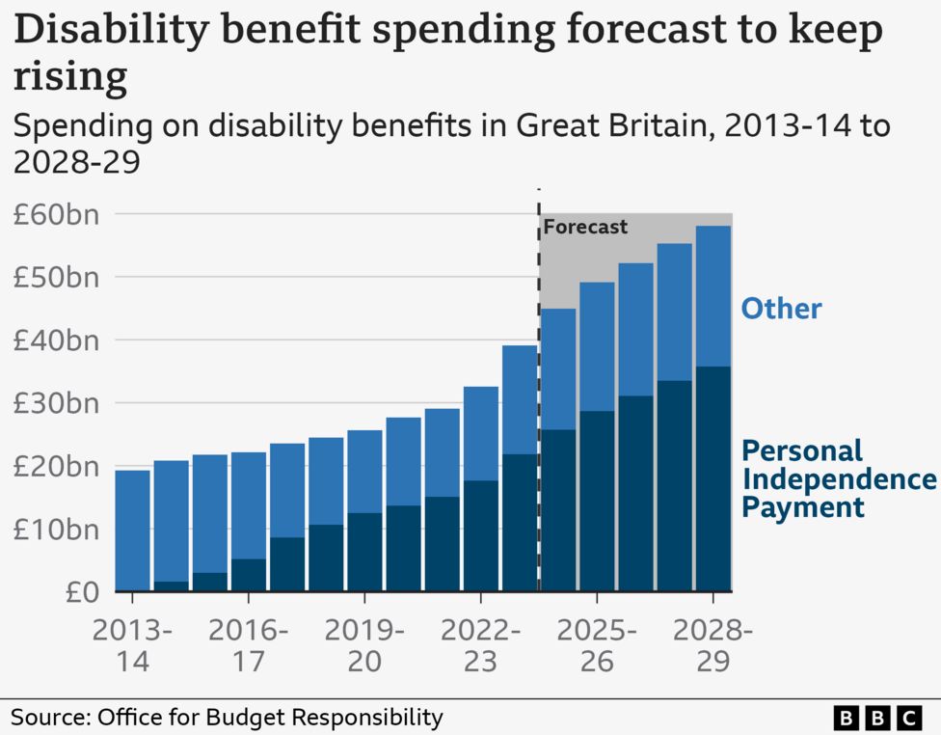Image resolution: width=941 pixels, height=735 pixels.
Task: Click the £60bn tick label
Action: pos(55,214)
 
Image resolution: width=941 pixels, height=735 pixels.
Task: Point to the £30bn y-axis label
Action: pos(55,403)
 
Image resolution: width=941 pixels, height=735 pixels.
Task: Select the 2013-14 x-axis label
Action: pos(132,646)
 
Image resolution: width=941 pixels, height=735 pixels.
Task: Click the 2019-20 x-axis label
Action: pos(364,646)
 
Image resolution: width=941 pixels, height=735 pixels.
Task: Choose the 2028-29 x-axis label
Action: pos(712,646)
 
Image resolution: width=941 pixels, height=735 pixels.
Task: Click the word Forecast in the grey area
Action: pos(585,228)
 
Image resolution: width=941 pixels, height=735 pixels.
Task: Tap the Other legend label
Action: pos(781,309)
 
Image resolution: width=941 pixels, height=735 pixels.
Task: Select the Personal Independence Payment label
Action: pos(837,478)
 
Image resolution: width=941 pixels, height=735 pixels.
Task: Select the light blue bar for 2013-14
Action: pos(132,531)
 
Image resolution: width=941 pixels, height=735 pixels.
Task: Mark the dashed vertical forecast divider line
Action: pos(539,386)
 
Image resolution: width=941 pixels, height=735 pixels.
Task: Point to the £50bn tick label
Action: pos(55,277)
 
